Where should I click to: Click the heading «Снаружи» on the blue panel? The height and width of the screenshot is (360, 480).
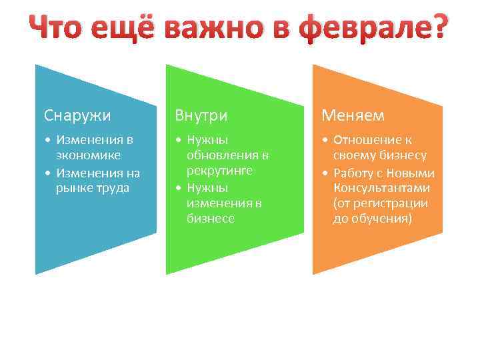pos(77,115)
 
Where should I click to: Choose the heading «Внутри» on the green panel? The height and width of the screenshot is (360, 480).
pos(201,115)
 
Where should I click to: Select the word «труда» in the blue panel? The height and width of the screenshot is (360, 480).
pos(114,187)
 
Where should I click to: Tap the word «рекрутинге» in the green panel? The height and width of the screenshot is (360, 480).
pos(219,171)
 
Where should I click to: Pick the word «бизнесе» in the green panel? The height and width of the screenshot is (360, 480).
pos(211,218)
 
